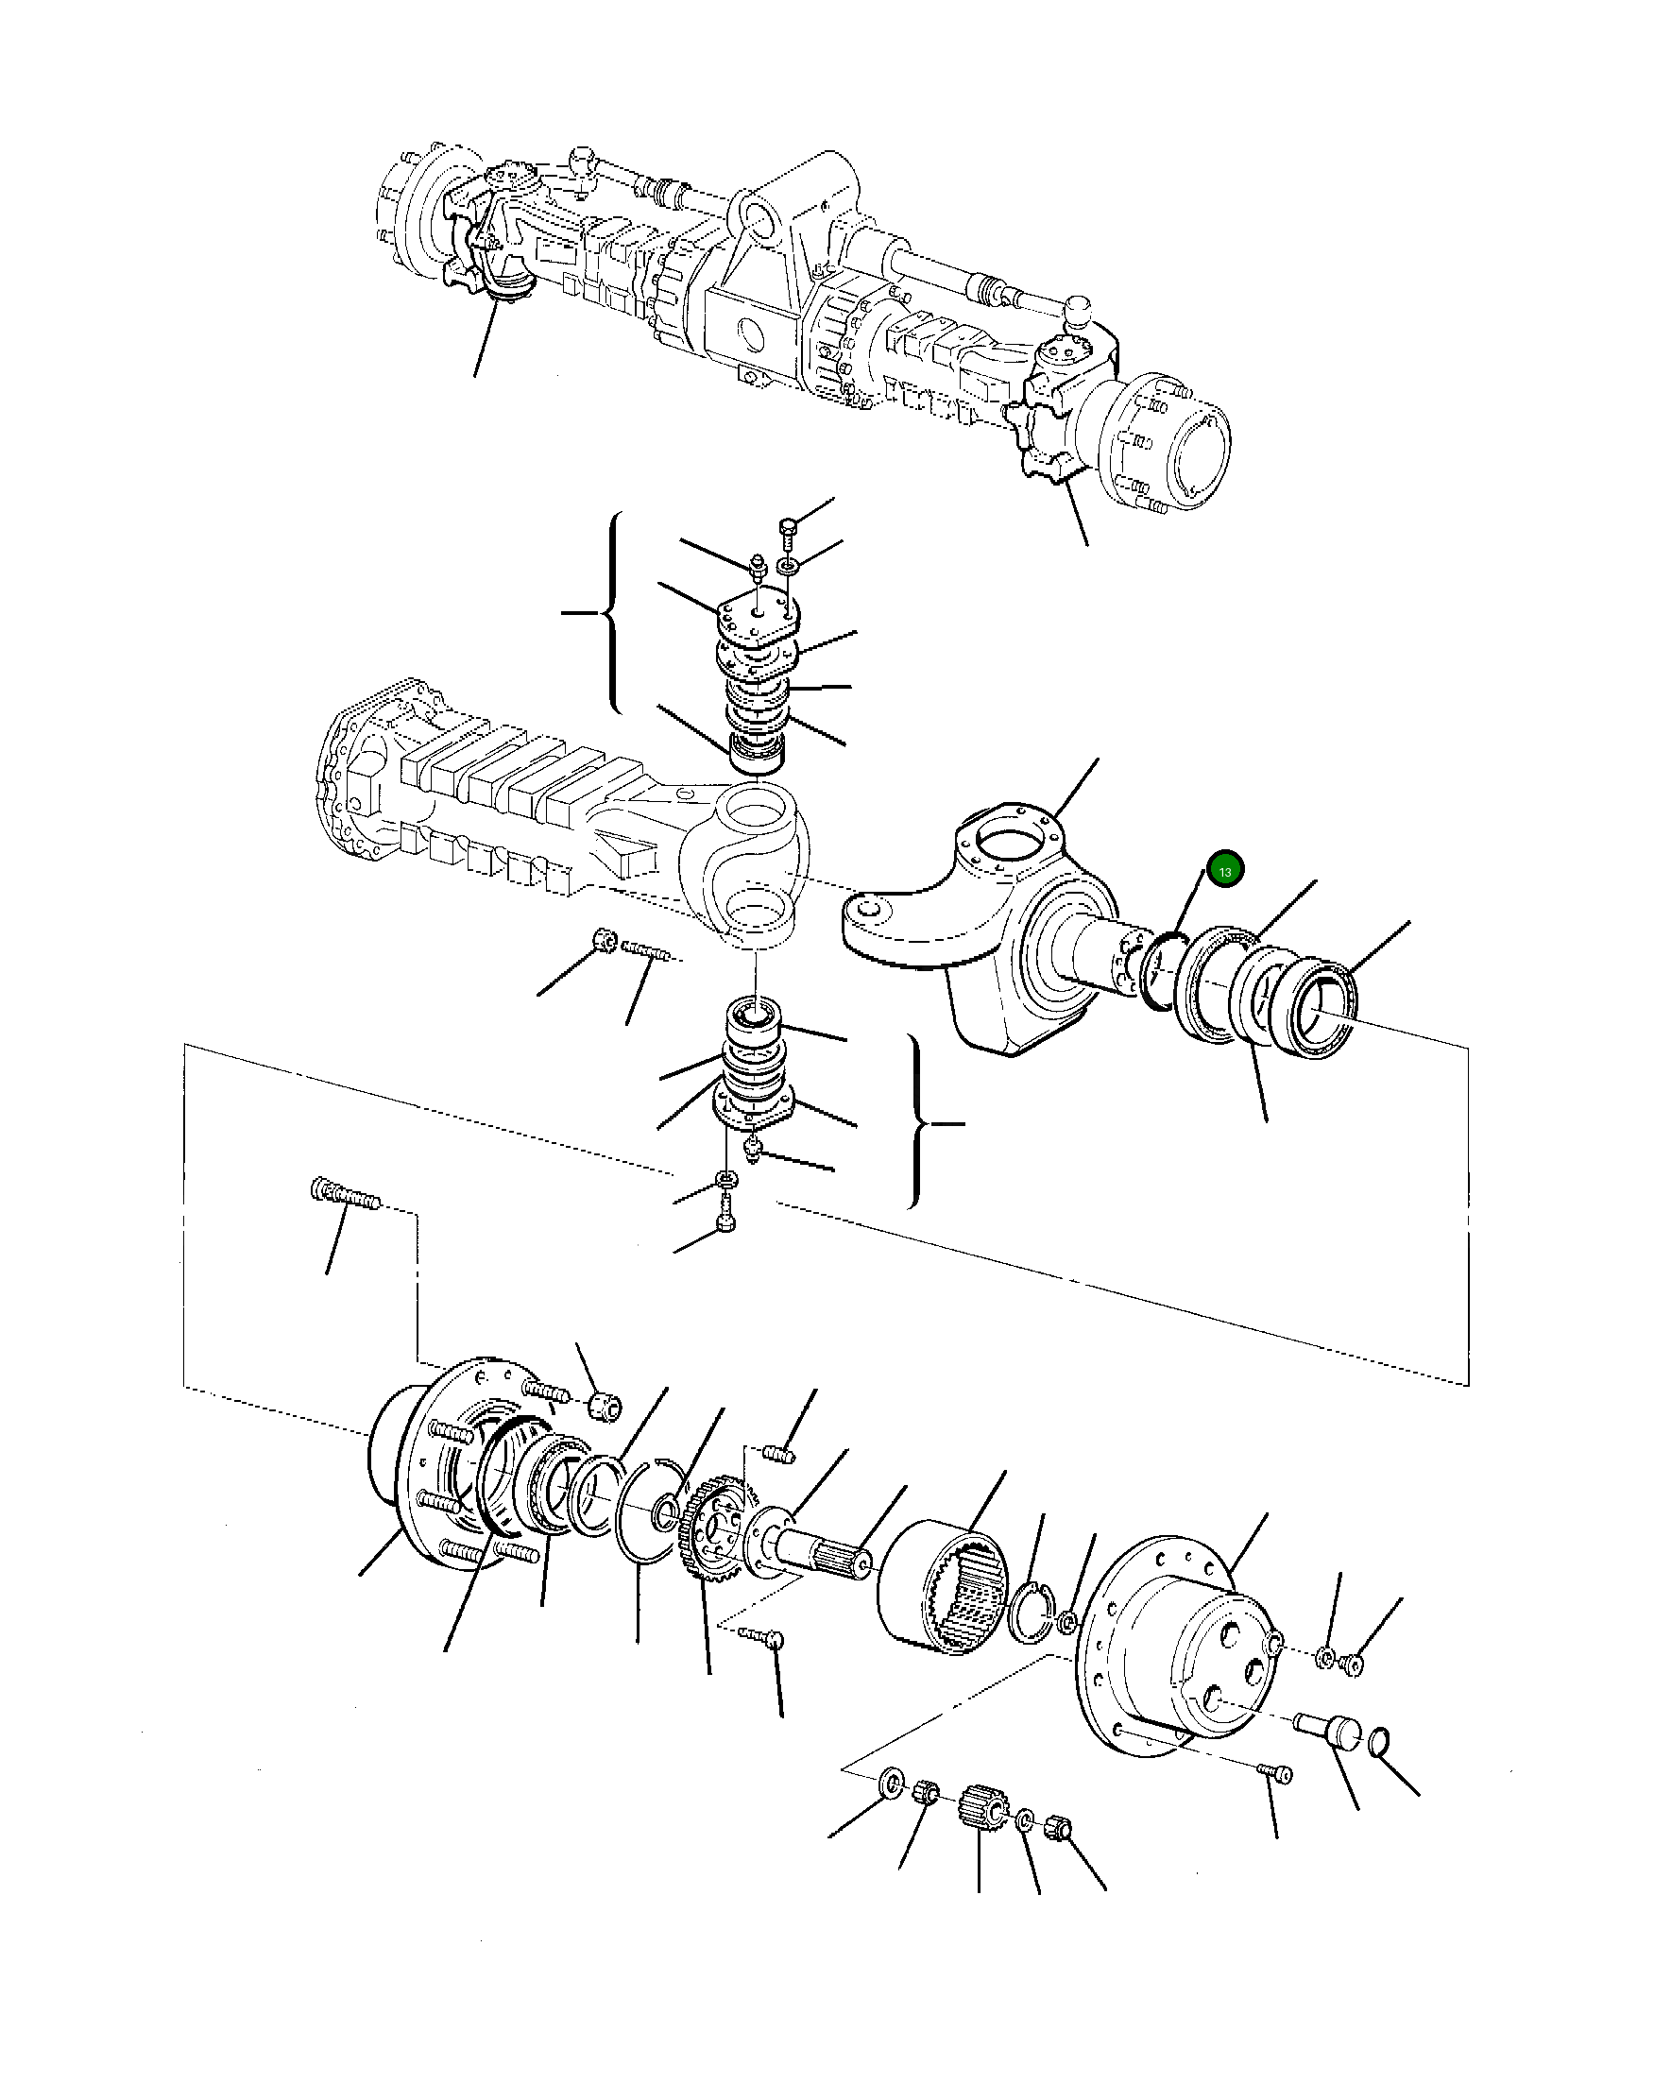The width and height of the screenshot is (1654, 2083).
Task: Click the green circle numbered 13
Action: tap(1224, 869)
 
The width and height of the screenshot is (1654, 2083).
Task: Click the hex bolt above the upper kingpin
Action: tap(787, 529)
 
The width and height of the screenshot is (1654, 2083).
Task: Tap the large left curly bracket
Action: tap(610, 612)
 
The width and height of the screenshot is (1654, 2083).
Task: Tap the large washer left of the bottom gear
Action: tap(890, 1780)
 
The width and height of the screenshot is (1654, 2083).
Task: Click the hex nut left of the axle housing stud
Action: tap(604, 939)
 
